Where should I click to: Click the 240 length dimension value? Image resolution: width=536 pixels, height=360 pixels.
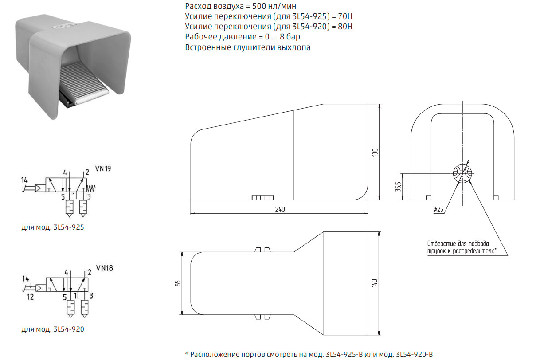tap(280, 209)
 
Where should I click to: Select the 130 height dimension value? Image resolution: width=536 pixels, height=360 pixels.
tap(375, 152)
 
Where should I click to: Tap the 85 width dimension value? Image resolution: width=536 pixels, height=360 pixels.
tap(177, 283)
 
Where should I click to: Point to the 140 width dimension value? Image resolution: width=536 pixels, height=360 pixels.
tap(375, 283)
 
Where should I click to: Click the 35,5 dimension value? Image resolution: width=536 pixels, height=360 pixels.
tap(398, 187)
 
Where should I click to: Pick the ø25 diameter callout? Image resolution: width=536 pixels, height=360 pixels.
tap(438, 209)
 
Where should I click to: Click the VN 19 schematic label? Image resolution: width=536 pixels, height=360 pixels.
tap(103, 169)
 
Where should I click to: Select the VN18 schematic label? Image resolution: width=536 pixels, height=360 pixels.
tap(104, 268)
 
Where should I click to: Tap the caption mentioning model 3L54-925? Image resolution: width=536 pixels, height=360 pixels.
tap(53, 227)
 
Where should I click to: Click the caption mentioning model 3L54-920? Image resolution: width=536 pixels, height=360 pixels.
tap(53, 329)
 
